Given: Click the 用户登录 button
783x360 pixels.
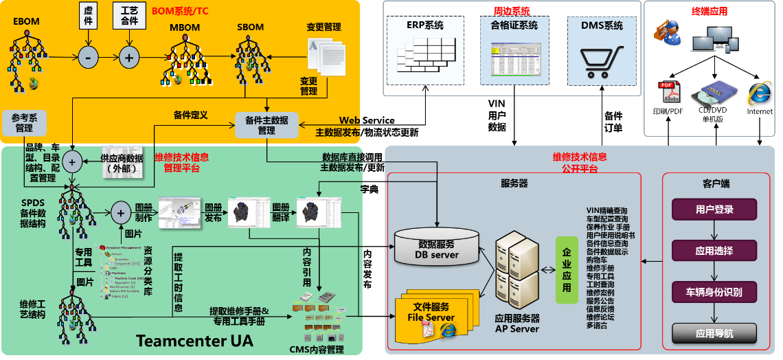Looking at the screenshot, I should tap(714, 210).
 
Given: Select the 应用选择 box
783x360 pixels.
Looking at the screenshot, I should tap(714, 251).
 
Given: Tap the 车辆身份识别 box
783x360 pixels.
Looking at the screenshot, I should tap(714, 292).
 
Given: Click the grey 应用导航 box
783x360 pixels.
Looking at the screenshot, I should tap(714, 334).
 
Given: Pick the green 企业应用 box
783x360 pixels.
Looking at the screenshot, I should tap(567, 269).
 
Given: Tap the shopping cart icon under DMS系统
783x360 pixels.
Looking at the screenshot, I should tap(595, 62).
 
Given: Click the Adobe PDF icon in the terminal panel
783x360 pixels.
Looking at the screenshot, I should tap(668, 93).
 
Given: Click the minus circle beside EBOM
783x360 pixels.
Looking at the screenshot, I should tap(88, 58).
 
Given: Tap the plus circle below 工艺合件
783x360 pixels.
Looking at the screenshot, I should tap(128, 58).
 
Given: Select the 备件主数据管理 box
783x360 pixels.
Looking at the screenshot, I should tap(266, 125).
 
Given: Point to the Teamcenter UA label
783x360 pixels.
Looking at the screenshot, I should tap(194, 341).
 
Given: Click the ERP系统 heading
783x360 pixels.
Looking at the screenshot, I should tap(425, 25).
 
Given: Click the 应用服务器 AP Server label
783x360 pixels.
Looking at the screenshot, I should tap(517, 324).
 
